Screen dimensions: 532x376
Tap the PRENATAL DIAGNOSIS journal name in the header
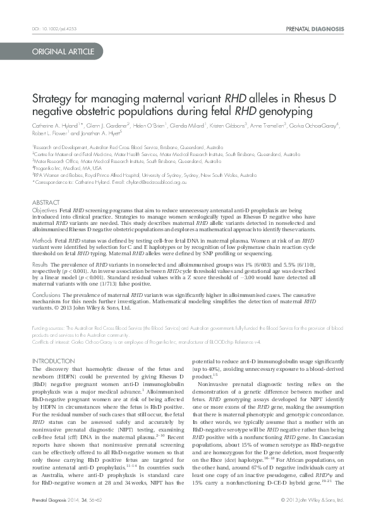[x=315, y=29]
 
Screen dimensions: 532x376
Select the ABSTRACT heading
[x=44, y=202]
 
